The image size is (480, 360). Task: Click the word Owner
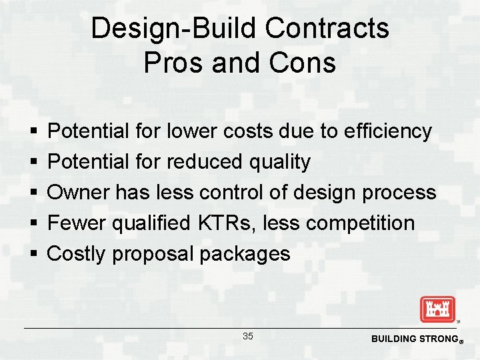pyautogui.click(x=79, y=193)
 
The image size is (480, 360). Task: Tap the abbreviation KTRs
pyautogui.click(x=221, y=223)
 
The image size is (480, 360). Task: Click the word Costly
pyautogui.click(x=77, y=254)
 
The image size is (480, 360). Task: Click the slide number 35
pyautogui.click(x=247, y=337)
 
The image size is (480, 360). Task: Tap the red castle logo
pyautogui.click(x=437, y=309)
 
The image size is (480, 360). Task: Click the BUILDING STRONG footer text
pyautogui.click(x=413, y=339)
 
